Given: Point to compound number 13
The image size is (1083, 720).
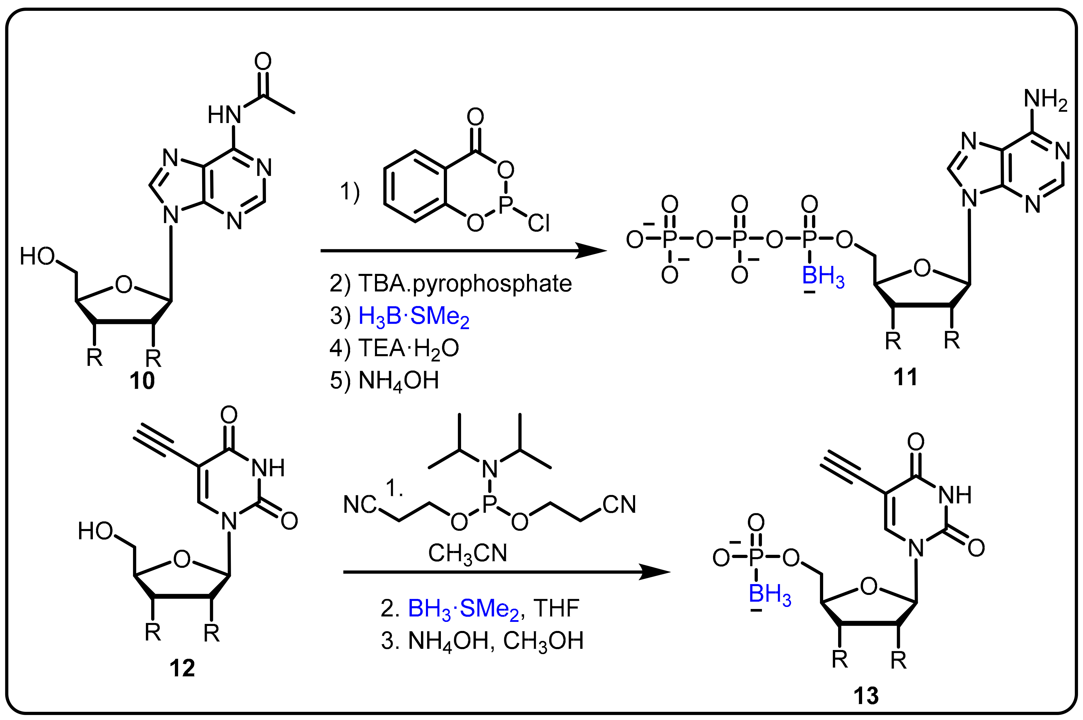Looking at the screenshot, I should [866, 696].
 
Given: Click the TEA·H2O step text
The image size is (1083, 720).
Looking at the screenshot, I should [394, 348].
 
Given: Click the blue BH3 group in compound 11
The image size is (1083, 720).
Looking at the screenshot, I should [823, 277].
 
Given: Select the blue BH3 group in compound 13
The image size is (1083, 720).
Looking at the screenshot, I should [770, 595].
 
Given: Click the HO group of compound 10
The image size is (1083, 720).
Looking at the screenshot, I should [38, 256].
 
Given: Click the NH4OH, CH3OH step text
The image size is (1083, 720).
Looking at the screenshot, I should [482, 641].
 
